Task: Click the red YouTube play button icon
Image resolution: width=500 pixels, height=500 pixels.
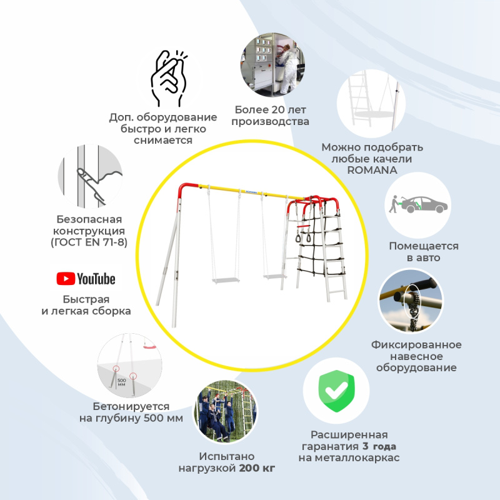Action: click(x=66, y=279)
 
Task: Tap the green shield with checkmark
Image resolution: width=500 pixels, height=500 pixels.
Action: click(x=336, y=391)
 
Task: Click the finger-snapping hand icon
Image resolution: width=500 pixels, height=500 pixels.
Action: click(x=169, y=77)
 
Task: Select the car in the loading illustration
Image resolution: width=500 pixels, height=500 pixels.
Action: click(x=424, y=204)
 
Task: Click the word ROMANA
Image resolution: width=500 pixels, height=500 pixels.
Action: click(x=372, y=170)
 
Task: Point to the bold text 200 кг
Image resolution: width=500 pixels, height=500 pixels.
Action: click(x=257, y=468)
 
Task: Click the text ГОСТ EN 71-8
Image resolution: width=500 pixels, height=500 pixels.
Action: click(x=89, y=242)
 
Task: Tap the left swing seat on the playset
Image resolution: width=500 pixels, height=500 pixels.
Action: click(x=226, y=280)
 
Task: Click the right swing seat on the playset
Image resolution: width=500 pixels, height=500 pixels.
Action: click(x=274, y=276)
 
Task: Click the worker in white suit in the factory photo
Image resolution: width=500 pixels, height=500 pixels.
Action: click(x=287, y=69)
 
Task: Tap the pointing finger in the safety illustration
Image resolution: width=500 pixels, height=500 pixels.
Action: click(x=91, y=186)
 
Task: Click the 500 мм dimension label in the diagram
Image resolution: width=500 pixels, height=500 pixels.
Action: click(x=122, y=382)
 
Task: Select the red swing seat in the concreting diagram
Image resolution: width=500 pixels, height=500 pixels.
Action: click(x=149, y=346)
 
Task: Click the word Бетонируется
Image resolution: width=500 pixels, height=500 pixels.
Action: click(x=131, y=406)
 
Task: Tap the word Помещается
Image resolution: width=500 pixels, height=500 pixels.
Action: click(x=424, y=246)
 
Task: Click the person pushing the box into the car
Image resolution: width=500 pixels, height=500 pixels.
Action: click(x=394, y=204)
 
